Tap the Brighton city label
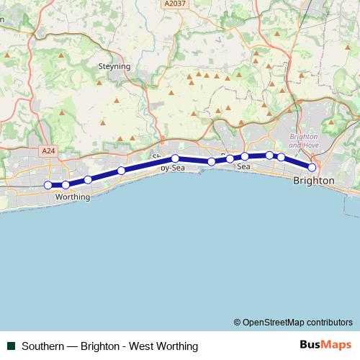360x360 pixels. (x=314, y=181)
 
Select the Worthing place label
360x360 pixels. (x=73, y=197)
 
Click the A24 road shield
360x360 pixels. (x=48, y=151)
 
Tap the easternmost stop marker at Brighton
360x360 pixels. (x=312, y=167)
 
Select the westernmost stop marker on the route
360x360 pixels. (x=48, y=185)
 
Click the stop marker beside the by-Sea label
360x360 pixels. (x=175, y=158)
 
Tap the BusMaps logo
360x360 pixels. (x=326, y=346)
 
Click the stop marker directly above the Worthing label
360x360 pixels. (x=66, y=185)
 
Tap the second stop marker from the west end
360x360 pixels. (x=66, y=185)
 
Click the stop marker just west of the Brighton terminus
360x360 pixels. (x=282, y=157)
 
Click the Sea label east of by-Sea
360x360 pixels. (x=243, y=167)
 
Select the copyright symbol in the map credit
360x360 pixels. (x=237, y=322)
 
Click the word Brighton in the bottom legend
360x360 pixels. (x=100, y=346)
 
